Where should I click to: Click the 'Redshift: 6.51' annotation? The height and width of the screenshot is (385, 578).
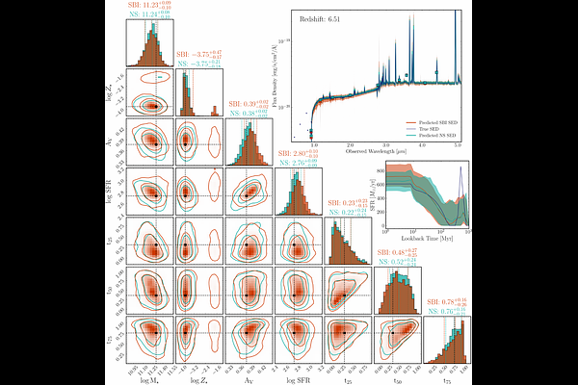(329, 19)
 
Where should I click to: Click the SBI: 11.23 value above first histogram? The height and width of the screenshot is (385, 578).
(149, 6)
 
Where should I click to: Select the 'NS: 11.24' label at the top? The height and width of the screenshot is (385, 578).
(149, 15)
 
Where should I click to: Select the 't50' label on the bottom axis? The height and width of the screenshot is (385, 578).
(400, 380)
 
